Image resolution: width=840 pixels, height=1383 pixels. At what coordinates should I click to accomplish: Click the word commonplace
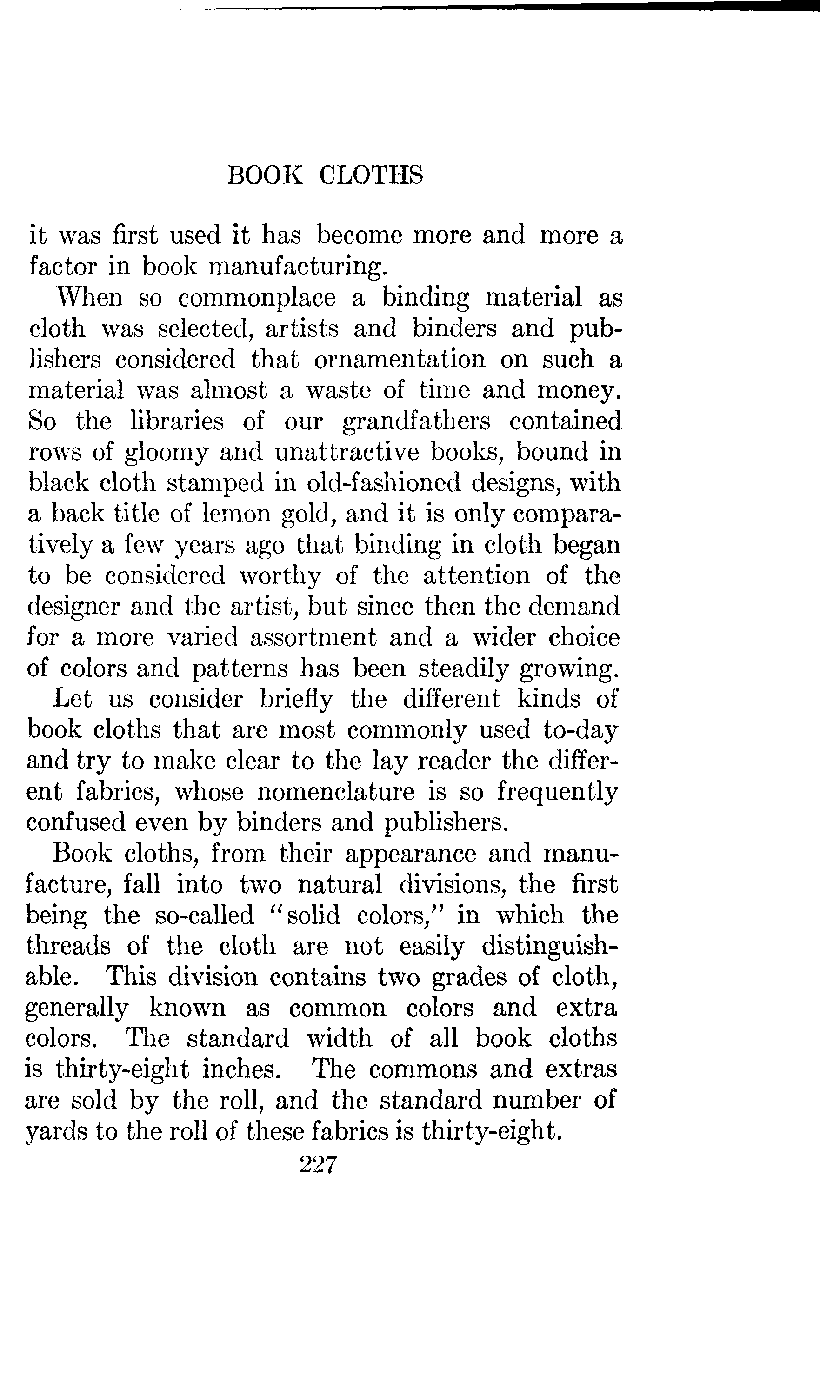pyautogui.click(x=257, y=299)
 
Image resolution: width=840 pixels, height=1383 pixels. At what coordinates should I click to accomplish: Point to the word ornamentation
pyautogui.click(x=400, y=359)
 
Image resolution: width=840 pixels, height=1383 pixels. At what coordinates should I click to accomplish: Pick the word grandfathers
pyautogui.click(x=416, y=421)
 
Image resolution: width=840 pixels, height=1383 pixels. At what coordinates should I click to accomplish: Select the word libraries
pyautogui.click(x=177, y=421)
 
